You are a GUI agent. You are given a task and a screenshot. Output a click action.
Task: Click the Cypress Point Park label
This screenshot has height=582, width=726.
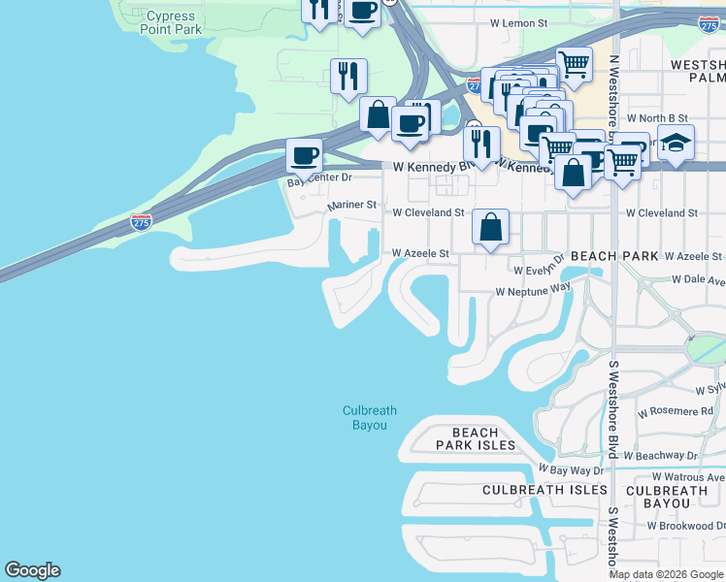(174, 23)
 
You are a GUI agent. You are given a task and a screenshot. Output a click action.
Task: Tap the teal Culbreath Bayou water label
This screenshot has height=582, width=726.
(370, 418)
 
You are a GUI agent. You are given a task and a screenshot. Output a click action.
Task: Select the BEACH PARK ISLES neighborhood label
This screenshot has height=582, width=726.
(476, 438)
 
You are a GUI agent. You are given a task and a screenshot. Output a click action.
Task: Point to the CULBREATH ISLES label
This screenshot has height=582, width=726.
(544, 491)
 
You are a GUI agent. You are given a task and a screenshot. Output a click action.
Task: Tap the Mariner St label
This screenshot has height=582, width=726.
(351, 206)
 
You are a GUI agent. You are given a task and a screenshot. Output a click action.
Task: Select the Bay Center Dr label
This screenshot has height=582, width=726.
(319, 179)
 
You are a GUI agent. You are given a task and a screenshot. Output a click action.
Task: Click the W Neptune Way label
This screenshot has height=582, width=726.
(533, 290)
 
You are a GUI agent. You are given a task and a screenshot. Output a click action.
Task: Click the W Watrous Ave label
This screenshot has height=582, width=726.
(688, 476)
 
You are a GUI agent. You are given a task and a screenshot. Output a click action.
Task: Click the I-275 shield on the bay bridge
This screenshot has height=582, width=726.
(141, 222)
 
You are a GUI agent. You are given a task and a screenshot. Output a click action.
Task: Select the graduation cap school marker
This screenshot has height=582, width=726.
(676, 144)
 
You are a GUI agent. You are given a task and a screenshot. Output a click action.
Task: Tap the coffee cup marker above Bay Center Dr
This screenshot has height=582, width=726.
(304, 156)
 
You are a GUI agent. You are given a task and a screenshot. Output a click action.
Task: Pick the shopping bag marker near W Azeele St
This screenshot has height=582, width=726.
(491, 229)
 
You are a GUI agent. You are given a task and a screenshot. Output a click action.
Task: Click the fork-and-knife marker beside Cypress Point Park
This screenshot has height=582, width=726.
(347, 77)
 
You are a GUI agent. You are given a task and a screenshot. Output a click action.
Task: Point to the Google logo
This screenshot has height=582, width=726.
(32, 570)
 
